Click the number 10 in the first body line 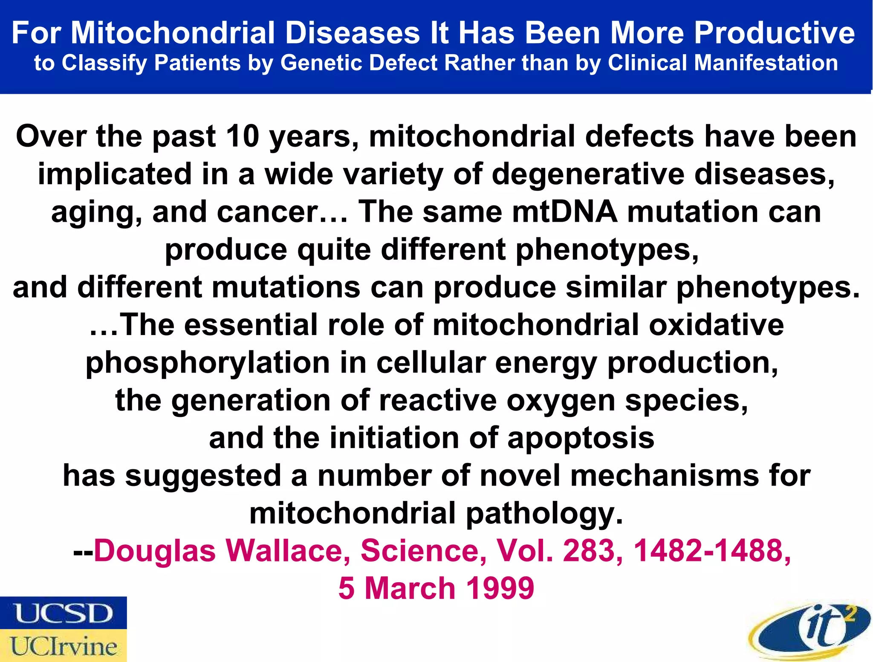pos(242,137)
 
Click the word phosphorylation pos(208,363)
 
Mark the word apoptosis pos(581,438)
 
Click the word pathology pos(544,514)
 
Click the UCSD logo pos(63,613)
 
